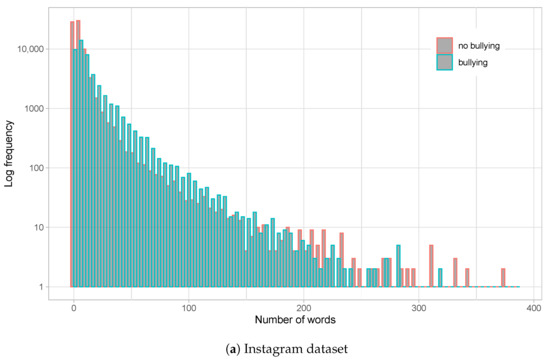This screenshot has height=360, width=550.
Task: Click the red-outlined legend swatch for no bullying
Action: (444, 45)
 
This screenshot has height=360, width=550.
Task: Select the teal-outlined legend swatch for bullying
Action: (444, 61)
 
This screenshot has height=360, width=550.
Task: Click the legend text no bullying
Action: (480, 45)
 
